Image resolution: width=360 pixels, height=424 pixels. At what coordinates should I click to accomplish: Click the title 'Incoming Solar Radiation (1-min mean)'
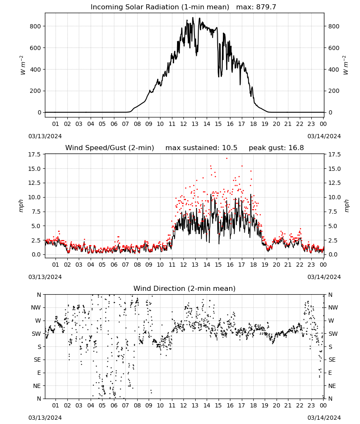pos(160,7)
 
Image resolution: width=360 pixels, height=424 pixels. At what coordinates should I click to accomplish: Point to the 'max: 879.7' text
pos(256,7)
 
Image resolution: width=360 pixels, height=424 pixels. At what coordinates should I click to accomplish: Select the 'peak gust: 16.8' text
pos(276,148)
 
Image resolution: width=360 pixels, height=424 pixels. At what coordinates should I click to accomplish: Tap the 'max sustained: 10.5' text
pos(201,148)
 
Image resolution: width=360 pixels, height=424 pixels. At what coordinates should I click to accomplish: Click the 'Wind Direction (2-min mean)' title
pos(185,288)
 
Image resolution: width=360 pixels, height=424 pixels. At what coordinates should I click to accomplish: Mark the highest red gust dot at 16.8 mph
pos(227,159)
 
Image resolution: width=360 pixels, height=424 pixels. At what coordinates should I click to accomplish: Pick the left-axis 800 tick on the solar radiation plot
pos(36,26)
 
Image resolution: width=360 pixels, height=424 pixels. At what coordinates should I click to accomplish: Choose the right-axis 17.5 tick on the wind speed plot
pos(334,154)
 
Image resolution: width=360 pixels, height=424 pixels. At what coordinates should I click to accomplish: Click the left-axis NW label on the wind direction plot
pos(36,308)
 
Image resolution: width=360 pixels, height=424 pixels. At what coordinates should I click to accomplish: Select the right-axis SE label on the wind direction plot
pos(332,360)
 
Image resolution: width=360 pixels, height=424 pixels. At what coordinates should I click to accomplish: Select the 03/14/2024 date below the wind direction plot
pos(324,418)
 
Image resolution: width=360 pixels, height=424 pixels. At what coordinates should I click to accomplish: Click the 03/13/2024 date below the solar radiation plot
pos(45,136)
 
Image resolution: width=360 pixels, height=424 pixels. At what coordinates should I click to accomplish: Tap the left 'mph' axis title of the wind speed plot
pos(21,206)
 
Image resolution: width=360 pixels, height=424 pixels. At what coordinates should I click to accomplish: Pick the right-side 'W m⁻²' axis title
pos(346,65)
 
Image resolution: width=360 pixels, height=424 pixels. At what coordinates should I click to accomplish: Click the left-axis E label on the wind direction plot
pos(39,373)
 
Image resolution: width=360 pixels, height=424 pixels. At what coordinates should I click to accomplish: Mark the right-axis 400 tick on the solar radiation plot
pos(334,70)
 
